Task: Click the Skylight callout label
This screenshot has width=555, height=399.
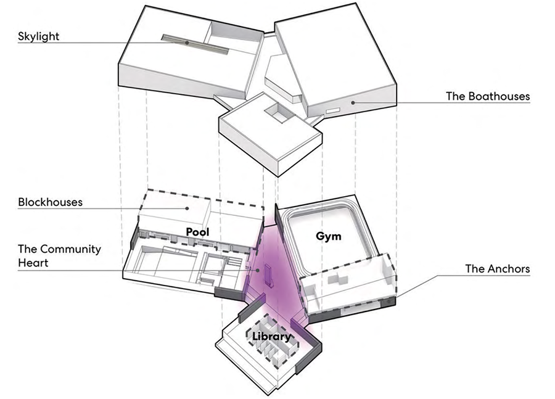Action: [x=38, y=36]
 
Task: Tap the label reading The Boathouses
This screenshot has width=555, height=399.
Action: [x=488, y=97]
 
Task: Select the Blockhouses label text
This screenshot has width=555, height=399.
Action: [x=50, y=202]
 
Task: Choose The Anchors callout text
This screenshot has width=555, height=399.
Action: [x=497, y=269]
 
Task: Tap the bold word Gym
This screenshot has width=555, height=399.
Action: [x=329, y=236]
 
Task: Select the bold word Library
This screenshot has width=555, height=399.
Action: [x=271, y=336]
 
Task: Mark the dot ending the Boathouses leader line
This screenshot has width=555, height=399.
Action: [x=352, y=102]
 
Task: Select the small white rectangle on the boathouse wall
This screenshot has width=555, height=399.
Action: [x=333, y=110]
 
